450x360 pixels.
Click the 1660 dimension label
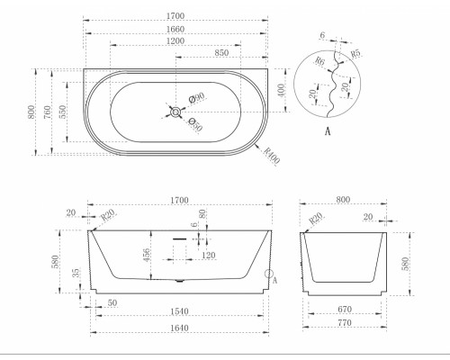point(175,30)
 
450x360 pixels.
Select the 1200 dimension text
point(175,41)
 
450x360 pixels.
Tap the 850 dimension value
point(221,53)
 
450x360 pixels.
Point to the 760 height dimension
point(48,112)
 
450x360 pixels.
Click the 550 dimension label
point(63,112)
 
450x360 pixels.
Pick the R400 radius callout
point(272,156)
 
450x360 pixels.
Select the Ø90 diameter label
point(197,97)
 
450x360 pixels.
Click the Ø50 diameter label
point(195,124)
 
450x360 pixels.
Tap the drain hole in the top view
point(175,112)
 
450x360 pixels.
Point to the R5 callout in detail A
point(355,53)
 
